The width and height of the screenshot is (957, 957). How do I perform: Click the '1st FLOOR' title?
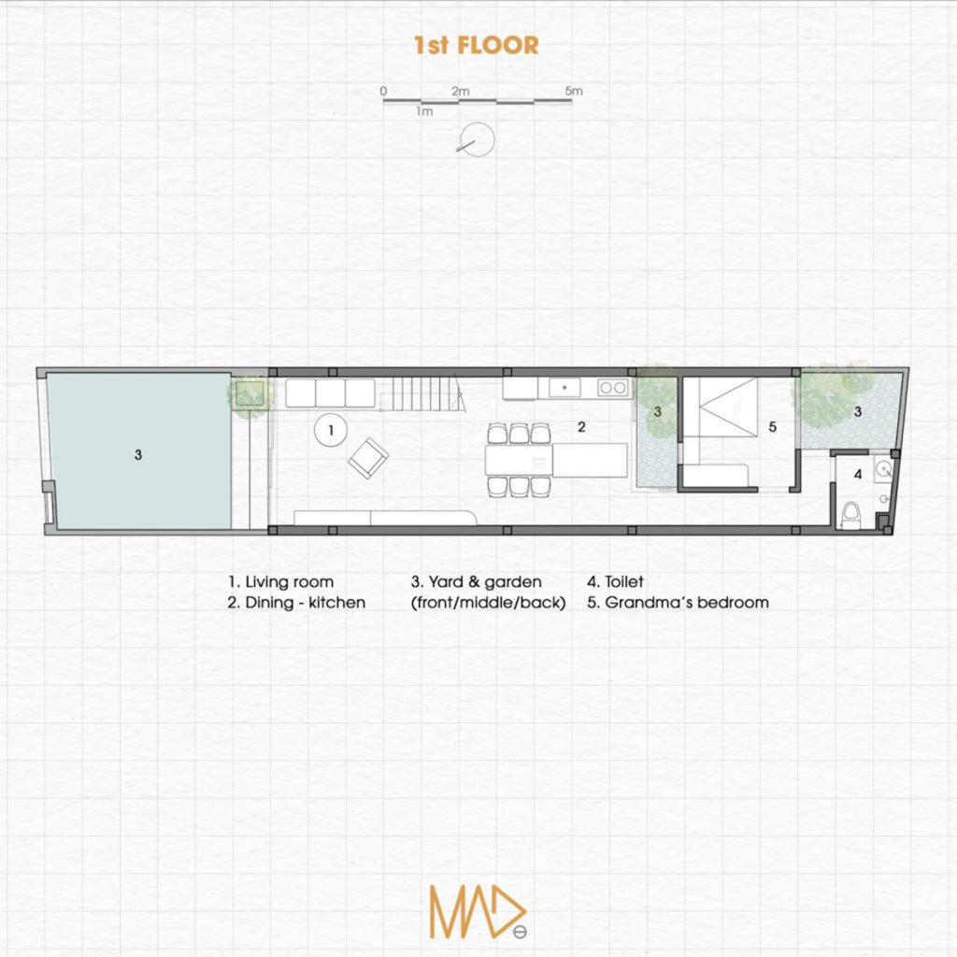click(x=476, y=45)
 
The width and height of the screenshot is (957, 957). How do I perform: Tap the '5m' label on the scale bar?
click(x=574, y=91)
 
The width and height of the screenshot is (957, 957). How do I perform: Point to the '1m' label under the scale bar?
click(x=424, y=111)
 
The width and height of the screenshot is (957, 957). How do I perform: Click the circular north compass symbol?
click(x=477, y=139)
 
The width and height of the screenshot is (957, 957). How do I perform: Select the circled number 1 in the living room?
click(x=331, y=430)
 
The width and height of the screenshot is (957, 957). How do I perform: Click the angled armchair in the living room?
click(x=368, y=458)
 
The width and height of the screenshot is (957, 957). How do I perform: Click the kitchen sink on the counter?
click(x=564, y=388)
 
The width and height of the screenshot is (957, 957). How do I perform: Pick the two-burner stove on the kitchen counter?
click(x=613, y=388)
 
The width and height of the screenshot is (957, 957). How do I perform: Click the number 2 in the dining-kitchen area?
click(x=581, y=427)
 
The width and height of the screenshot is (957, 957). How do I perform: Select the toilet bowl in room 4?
click(x=850, y=515)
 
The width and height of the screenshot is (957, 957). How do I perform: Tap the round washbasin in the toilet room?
click(x=883, y=469)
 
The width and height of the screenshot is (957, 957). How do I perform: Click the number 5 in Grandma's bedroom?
click(x=773, y=427)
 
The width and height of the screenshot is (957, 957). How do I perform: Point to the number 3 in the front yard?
click(x=138, y=455)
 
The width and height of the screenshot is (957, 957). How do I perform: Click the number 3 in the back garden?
click(x=858, y=412)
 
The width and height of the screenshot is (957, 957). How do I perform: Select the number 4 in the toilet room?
click(x=858, y=474)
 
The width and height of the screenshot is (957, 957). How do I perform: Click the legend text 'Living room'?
click(x=290, y=581)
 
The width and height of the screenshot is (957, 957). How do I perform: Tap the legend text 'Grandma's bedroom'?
click(x=687, y=603)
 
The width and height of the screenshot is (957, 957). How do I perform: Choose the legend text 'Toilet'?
click(x=623, y=581)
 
